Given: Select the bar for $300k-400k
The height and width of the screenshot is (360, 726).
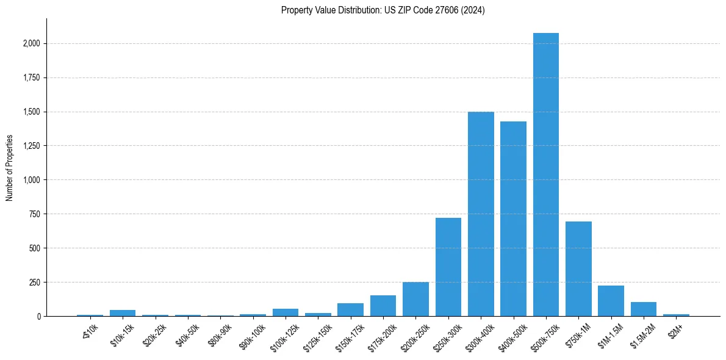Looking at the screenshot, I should [481, 214].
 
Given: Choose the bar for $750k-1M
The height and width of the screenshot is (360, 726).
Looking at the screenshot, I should [578, 269].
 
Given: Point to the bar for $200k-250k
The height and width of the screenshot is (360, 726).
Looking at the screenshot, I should [415, 300].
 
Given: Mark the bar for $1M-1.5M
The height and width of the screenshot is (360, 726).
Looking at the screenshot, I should [611, 301].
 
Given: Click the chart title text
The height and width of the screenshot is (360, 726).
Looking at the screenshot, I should [383, 10].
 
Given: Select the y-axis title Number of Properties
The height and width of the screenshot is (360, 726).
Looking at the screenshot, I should [10, 168].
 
